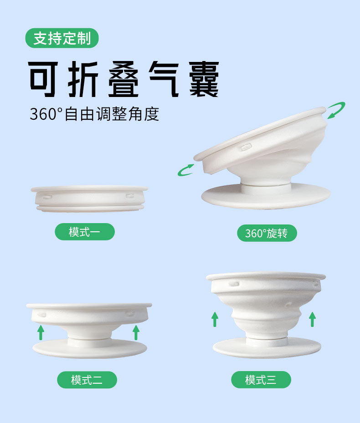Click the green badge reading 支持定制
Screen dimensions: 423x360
[x=62, y=38]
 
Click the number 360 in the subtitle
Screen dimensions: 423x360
[x=43, y=114]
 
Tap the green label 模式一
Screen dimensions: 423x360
[x=84, y=232]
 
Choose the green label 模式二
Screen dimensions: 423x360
[x=87, y=380]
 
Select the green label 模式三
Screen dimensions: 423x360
[x=261, y=380]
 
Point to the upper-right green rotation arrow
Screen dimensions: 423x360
[x=336, y=110]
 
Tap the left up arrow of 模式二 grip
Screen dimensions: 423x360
[x=41, y=332]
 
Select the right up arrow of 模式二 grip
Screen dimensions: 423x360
[x=136, y=332]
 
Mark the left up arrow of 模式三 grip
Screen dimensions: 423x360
[x=215, y=319]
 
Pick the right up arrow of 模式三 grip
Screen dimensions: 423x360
[x=312, y=319]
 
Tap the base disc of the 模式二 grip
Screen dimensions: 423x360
[x=89, y=349]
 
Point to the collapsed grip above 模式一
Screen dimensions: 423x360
[x=89, y=198]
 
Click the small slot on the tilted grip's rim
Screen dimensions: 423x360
[x=246, y=147]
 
